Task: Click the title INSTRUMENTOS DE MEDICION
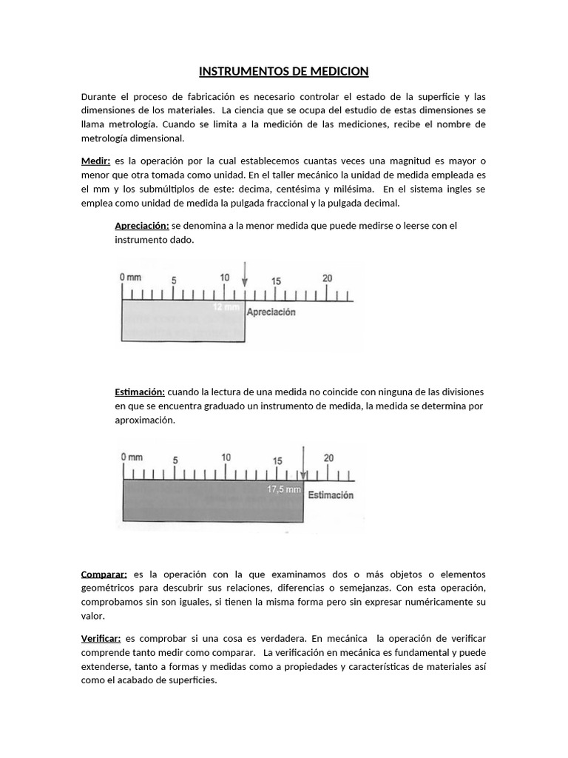point(283,72)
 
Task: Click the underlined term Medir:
point(96,161)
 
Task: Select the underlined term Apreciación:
point(142,226)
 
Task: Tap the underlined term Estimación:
point(140,392)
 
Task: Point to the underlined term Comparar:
point(104,574)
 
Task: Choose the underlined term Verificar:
point(101,638)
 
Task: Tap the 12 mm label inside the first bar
point(226,306)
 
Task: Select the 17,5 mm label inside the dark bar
point(284,489)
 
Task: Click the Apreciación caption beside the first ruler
point(271,312)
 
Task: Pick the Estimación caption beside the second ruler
point(331,495)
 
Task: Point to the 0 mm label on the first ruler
point(130,278)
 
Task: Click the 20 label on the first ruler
point(328,278)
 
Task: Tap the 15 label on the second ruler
point(277,460)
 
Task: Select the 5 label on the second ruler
point(175,460)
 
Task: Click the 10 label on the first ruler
point(225,278)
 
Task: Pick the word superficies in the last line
point(192,680)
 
